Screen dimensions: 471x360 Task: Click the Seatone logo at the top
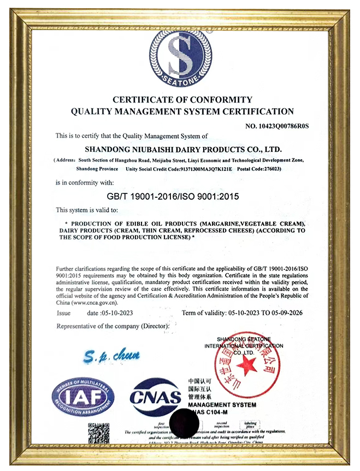pos(180,58)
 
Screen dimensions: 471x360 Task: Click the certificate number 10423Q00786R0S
pos(277,126)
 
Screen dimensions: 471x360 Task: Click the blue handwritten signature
pos(112,357)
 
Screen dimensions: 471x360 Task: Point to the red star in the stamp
pos(247,366)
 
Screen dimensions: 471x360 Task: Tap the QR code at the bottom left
pos(98,434)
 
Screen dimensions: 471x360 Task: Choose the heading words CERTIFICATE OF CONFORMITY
pos(182,99)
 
